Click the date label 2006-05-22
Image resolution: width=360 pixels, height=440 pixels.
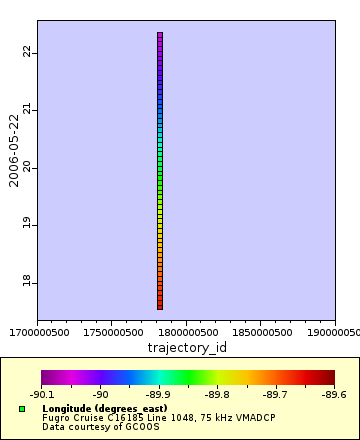click(14, 149)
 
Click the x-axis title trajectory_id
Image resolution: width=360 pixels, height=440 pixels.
click(186, 347)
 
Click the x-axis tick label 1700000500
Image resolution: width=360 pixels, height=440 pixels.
click(38, 332)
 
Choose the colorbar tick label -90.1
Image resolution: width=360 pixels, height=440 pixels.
click(42, 395)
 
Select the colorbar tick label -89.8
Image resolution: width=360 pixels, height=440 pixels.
click(217, 395)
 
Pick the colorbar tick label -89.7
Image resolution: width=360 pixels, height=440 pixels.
click(276, 395)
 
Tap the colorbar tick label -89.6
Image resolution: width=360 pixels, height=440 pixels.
click(333, 395)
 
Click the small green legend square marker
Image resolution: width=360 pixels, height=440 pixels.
click(22, 409)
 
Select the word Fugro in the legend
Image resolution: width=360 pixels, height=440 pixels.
click(56, 418)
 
